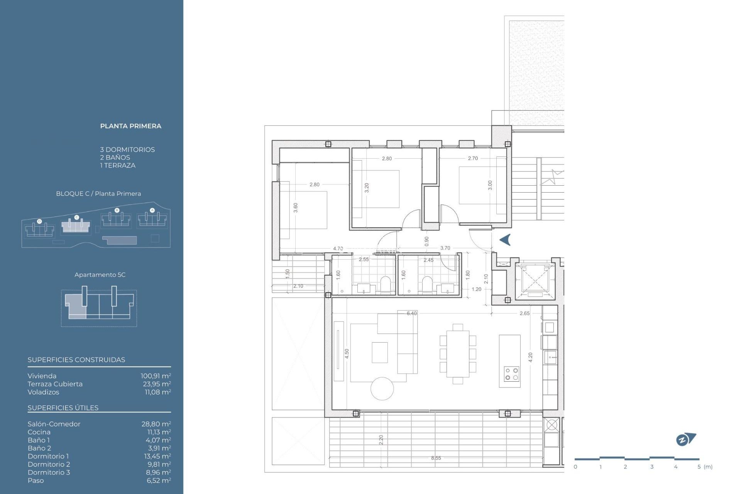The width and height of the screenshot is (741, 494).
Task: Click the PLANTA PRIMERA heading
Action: tap(130, 126)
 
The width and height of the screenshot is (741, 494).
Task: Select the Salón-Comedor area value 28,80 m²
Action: tap(156, 424)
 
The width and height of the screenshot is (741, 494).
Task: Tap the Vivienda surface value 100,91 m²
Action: tap(156, 376)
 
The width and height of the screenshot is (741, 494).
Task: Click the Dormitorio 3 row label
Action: tap(49, 472)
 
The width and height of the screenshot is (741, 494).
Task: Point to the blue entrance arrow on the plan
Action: tap(505, 240)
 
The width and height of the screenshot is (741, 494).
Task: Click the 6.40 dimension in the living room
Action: tap(412, 313)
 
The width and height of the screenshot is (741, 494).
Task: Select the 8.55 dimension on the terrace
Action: tap(436, 458)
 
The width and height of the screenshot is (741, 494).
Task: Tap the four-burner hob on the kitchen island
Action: tap(512, 374)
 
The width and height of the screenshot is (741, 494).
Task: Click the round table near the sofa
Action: tap(382, 389)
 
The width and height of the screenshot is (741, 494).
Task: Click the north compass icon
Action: tap(685, 439)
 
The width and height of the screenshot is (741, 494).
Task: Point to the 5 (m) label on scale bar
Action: tap(705, 467)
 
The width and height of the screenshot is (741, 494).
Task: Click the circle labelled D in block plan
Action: tap(39, 221)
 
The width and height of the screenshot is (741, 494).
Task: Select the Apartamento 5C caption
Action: tap(100, 275)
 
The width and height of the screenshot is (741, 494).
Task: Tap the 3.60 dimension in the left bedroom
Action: tap(296, 208)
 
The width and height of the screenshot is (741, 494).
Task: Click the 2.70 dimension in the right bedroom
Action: tap(473, 158)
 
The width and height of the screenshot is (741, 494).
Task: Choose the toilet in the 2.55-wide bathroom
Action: tap(386, 284)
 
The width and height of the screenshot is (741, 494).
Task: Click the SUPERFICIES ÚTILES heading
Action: tap(63, 408)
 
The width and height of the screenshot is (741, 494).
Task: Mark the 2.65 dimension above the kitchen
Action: tap(524, 313)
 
